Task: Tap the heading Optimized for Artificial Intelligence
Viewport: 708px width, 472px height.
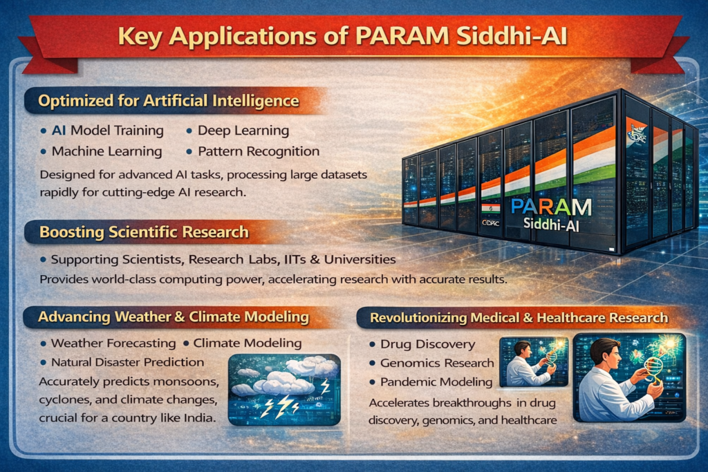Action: pyautogui.click(x=169, y=101)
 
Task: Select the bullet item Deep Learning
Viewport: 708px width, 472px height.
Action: pyautogui.click(x=243, y=130)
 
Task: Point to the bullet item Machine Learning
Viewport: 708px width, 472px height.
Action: pyautogui.click(x=106, y=151)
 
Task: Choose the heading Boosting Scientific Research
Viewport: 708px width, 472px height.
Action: pyautogui.click(x=144, y=232)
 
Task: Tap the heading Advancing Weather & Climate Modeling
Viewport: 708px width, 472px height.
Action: pyautogui.click(x=173, y=317)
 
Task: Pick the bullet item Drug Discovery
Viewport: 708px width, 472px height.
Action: pyautogui.click(x=427, y=344)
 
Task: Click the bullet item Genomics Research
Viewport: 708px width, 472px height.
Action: pyautogui.click(x=437, y=363)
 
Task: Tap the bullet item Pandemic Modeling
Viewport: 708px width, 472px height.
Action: pyautogui.click(x=436, y=381)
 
